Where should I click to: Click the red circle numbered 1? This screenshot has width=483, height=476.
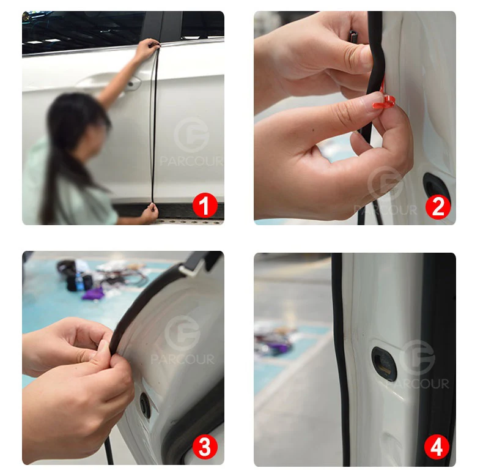pyautogui.click(x=205, y=206)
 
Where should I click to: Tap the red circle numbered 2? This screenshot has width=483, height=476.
pyautogui.click(x=438, y=206)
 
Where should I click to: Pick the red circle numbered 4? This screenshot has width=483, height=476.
pyautogui.click(x=437, y=447)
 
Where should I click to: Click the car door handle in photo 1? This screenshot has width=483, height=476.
pyautogui.click(x=133, y=84)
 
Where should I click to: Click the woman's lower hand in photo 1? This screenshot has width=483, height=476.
pyautogui.click(x=150, y=212)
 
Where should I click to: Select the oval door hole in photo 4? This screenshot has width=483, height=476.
pyautogui.click(x=384, y=364)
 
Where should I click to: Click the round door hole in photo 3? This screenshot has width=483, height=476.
pyautogui.click(x=145, y=406)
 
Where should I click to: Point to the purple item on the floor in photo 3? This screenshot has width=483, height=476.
pyautogui.click(x=93, y=294)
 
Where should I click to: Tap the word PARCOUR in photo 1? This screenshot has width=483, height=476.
pyautogui.click(x=191, y=162)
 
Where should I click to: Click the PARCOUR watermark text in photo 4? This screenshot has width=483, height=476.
pyautogui.click(x=418, y=384)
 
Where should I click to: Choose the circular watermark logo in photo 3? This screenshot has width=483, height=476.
pyautogui.click(x=182, y=333)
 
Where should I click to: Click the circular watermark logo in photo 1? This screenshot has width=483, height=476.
pyautogui.click(x=191, y=135)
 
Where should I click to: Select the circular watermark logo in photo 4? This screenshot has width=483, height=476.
pyautogui.click(x=418, y=358)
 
